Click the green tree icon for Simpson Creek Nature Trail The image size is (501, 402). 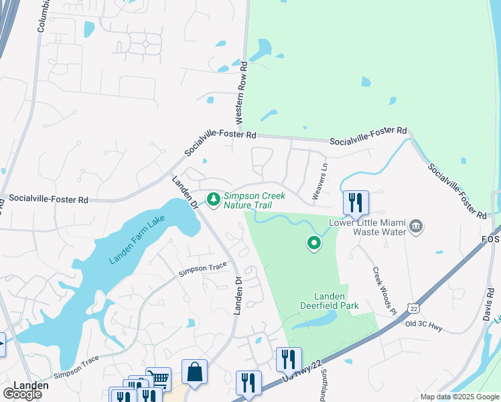[x=214, y=199]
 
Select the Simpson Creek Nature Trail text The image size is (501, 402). [x=255, y=200]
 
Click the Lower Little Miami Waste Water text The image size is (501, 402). [x=367, y=227]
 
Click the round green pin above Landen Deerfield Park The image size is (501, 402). [x=313, y=244]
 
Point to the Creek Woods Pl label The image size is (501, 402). [x=382, y=289]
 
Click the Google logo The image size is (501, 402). [x=22, y=394]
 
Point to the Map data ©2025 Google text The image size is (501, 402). [x=459, y=397]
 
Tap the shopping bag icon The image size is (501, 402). [x=194, y=372]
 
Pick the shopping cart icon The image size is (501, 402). [x=159, y=379]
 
